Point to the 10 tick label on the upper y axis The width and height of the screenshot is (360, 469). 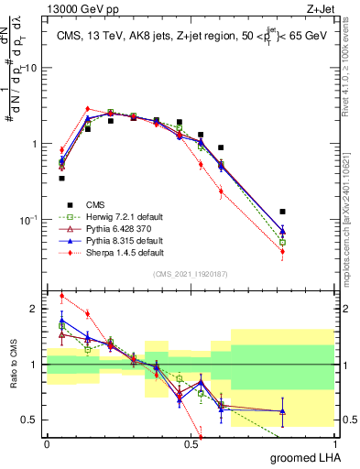click(x=32, y=68)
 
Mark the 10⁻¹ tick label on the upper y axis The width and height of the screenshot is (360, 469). click(x=30, y=220)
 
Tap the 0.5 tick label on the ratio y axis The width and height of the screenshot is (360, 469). click(x=32, y=420)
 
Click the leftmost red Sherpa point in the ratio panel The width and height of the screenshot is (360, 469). click(x=61, y=296)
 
